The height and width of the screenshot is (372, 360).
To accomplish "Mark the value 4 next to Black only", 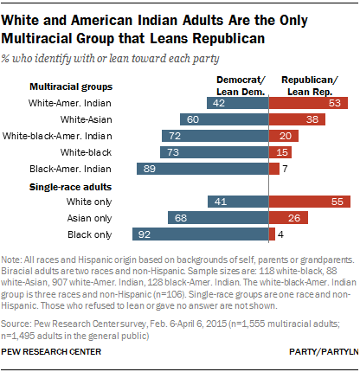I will (x=282, y=234).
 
